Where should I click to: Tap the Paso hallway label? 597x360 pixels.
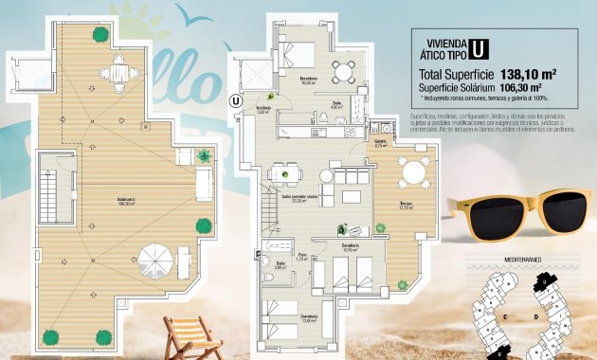[x=300, y=258]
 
